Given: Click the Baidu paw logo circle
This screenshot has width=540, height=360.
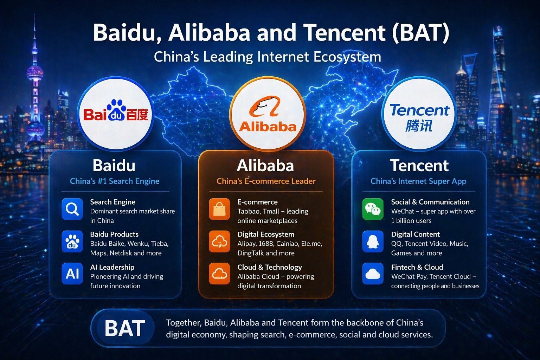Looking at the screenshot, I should [115, 115].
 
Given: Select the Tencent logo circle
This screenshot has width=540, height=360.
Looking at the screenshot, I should [419, 115].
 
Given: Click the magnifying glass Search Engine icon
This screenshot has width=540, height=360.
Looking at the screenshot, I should [72, 209].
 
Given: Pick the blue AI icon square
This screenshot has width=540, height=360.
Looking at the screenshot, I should [72, 274].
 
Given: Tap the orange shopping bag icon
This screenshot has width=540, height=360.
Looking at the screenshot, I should [219, 209].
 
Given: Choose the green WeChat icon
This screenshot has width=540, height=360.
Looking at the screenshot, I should [373, 209].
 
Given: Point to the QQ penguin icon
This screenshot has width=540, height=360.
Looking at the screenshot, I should [373, 242].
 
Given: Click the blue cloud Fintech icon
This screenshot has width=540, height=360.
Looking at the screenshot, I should [373, 274].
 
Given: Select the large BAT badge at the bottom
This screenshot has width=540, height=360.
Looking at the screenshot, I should [125, 328].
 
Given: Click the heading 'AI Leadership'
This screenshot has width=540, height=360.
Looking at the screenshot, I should [112, 267].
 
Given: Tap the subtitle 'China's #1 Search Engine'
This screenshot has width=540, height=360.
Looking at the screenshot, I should [115, 181].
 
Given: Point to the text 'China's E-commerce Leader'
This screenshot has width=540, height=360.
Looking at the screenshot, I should [266, 181].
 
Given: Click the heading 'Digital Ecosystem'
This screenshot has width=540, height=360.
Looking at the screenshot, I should [265, 234].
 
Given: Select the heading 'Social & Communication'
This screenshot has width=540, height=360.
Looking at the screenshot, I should [430, 202].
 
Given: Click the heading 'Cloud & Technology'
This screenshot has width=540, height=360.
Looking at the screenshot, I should [269, 267].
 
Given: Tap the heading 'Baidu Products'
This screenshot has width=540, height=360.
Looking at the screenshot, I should [114, 234].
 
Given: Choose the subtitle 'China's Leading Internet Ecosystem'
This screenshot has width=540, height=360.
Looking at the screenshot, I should [268, 57].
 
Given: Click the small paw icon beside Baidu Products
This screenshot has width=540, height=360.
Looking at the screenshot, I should [72, 242].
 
